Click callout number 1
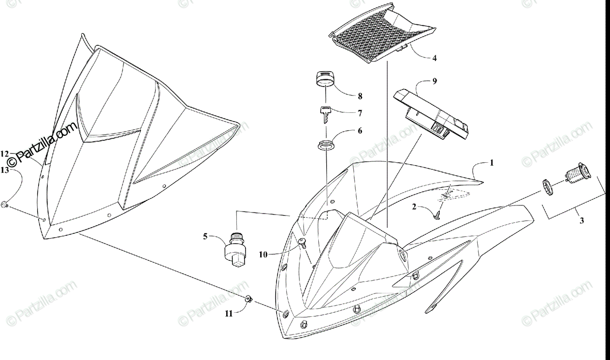click(492, 163)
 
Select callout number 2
click(414, 207)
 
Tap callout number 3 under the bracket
click(582, 221)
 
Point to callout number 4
click(434, 58)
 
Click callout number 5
click(205, 236)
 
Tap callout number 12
click(5, 153)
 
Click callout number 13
click(5, 169)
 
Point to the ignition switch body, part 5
click(235, 249)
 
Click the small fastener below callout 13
click(5, 204)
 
